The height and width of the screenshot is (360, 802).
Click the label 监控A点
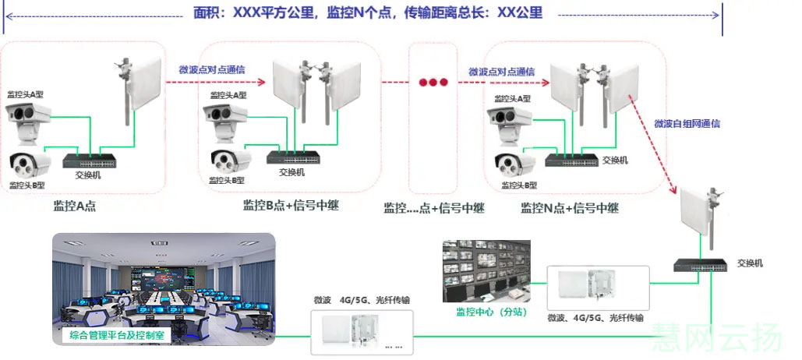point(75,206)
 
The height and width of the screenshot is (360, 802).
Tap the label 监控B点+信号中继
point(291,206)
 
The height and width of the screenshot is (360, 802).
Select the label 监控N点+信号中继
point(570,208)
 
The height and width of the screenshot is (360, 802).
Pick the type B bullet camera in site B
point(231,160)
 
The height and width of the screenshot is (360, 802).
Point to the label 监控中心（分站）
point(487,312)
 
